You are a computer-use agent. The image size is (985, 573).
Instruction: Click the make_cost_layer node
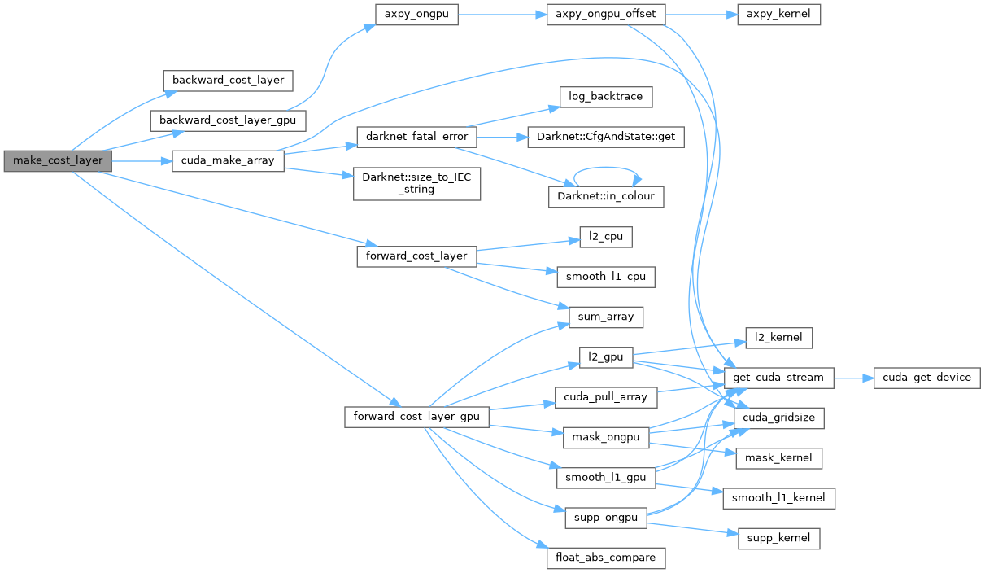point(57,160)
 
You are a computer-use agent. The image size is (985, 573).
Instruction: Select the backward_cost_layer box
point(227,81)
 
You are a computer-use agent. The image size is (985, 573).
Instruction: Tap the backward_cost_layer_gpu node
point(228,120)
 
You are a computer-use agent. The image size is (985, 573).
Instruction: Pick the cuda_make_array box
point(228,161)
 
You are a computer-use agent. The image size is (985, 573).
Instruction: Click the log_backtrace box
point(606,96)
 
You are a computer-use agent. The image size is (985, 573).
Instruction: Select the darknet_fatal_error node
point(416,136)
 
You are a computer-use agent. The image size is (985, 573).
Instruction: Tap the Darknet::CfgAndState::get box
point(606,136)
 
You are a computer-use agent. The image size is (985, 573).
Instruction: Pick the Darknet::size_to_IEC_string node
point(416,184)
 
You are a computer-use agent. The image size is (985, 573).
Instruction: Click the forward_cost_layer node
point(416,256)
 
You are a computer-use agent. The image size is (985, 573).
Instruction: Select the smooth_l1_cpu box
point(606,276)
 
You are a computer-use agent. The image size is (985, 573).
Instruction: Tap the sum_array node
point(606,317)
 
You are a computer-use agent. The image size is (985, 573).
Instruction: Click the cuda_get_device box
point(927,377)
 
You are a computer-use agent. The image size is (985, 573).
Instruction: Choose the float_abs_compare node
point(606,558)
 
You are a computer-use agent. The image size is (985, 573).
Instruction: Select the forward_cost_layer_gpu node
point(416,417)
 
